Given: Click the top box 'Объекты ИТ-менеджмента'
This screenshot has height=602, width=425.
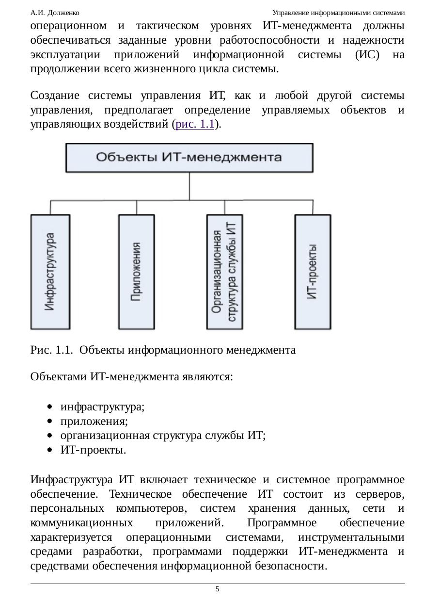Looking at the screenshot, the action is (x=189, y=158).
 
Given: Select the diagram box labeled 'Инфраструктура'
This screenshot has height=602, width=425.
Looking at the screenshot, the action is (x=50, y=272).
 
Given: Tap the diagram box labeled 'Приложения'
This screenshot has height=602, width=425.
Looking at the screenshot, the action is (x=136, y=272).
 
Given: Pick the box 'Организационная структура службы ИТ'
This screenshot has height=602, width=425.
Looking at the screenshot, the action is (x=224, y=272).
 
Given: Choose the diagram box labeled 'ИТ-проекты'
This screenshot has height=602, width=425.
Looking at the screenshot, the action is (x=313, y=272).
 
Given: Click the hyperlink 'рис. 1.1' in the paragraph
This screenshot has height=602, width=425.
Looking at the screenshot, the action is (x=195, y=124).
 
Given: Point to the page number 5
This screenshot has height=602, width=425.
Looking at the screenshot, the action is (x=217, y=589).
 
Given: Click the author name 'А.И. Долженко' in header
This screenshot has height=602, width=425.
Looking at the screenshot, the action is (x=55, y=13).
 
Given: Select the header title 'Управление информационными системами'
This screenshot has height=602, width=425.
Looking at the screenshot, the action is (x=339, y=13).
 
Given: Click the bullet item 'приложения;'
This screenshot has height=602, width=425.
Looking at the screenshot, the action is (x=94, y=422).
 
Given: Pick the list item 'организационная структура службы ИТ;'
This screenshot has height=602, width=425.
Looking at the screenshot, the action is (x=163, y=436).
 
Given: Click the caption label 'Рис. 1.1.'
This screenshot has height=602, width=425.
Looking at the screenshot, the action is (x=51, y=350).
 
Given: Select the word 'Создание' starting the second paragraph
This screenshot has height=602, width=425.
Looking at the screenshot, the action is (x=55, y=96).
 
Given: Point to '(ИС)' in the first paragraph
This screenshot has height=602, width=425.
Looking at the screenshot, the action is (x=367, y=54).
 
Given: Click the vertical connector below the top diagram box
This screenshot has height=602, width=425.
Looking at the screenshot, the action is (x=189, y=186).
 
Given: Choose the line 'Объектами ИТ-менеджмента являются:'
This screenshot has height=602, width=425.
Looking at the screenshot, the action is (x=131, y=377).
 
